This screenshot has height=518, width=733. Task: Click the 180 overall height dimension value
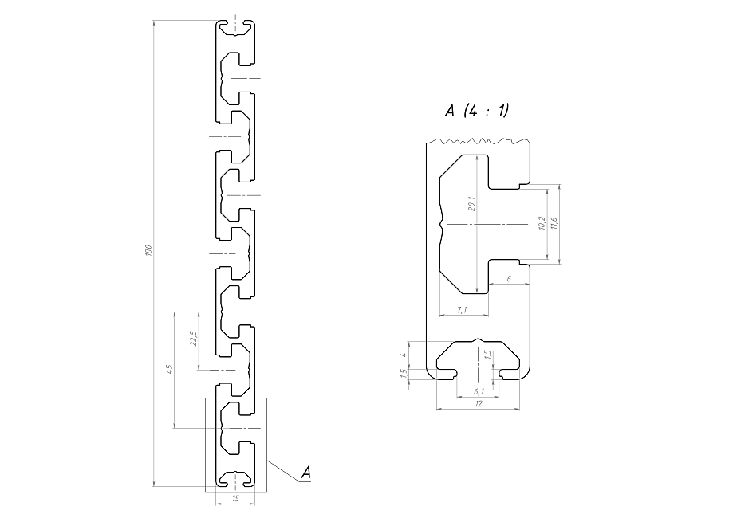pyautogui.click(x=148, y=250)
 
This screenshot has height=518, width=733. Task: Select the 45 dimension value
pyautogui.click(x=170, y=369)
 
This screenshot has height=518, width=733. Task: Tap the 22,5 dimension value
pyautogui.click(x=194, y=339)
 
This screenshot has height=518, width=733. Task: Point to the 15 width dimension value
pyautogui.click(x=235, y=498)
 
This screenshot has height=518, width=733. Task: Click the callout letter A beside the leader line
pyautogui.click(x=305, y=473)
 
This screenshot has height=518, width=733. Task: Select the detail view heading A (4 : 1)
pyautogui.click(x=477, y=111)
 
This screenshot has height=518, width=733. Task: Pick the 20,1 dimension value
pyautogui.click(x=471, y=204)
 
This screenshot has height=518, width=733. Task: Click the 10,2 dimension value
pyautogui.click(x=542, y=223)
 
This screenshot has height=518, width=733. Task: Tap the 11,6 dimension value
pyautogui.click(x=554, y=223)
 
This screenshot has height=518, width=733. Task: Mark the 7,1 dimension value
pyautogui.click(x=462, y=309)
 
